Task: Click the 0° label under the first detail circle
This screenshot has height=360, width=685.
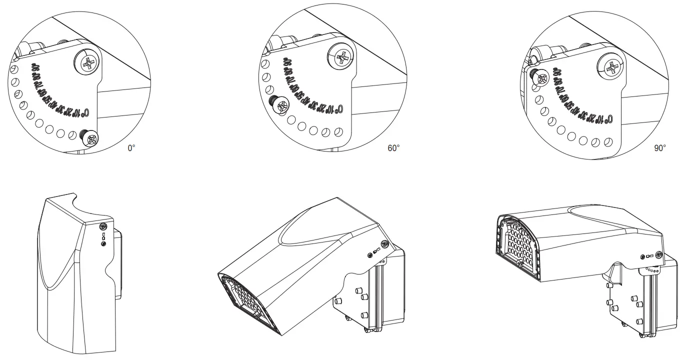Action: coord(131,148)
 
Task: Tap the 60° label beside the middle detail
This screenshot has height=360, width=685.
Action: coord(393,148)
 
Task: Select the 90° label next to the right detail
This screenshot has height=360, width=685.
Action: coord(660,148)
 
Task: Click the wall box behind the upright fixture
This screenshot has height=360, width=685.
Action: coord(118,265)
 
